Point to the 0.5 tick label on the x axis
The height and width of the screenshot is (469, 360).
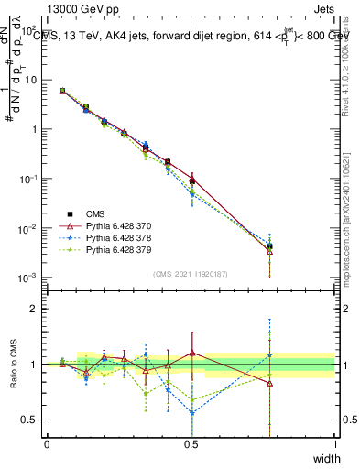pyautogui.click(x=191, y=442)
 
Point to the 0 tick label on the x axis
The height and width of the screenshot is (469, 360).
pyautogui.click(x=47, y=442)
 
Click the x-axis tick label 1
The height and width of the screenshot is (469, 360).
pyautogui.click(x=334, y=442)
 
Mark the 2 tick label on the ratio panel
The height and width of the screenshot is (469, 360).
pyautogui.click(x=34, y=309)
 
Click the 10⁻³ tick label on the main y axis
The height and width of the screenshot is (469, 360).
pyautogui.click(x=28, y=278)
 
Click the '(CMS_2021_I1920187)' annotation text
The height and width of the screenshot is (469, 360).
pyautogui.click(x=191, y=274)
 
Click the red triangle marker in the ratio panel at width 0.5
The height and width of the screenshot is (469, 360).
pyautogui.click(x=191, y=353)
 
